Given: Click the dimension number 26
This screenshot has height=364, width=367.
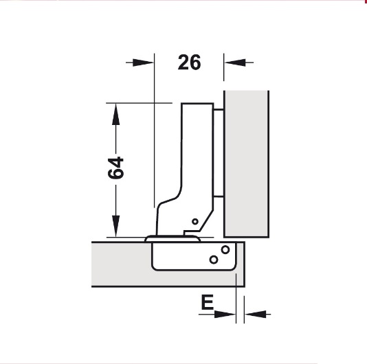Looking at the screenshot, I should click(189, 62).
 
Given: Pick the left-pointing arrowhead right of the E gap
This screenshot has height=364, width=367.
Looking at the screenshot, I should click(254, 315).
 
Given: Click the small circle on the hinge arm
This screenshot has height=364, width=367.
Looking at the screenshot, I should click(194, 222).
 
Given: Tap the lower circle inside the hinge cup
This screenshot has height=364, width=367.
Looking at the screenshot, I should click(214, 259).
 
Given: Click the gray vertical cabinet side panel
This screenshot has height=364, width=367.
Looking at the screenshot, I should click(245, 161).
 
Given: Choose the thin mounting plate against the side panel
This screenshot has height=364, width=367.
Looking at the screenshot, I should click(218, 151).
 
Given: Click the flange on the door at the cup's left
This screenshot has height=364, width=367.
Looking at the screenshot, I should click(153, 238).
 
